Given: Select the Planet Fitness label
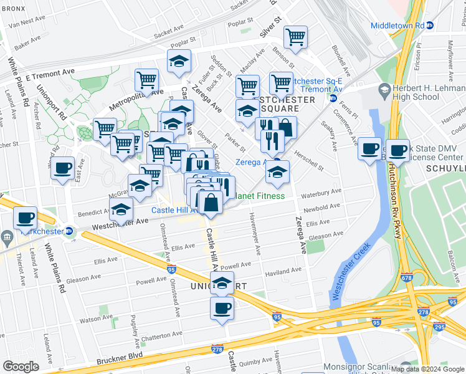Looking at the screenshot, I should pos(259,196).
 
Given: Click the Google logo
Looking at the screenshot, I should pos(21,367).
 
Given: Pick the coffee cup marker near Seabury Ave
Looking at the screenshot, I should pos(370,148).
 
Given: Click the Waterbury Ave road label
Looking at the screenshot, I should pos(321,193).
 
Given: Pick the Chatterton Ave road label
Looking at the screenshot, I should pos(161,335).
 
